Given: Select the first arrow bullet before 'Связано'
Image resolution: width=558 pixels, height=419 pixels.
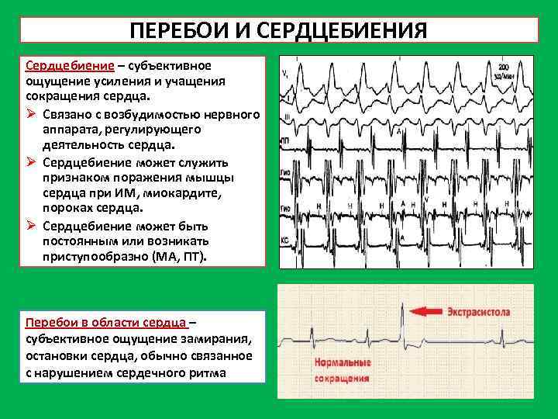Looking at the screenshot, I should click(x=31, y=115).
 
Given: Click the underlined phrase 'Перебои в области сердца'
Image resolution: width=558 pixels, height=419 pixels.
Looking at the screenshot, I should click(x=106, y=321).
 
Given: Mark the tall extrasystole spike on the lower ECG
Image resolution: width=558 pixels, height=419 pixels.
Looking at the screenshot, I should click(x=401, y=320).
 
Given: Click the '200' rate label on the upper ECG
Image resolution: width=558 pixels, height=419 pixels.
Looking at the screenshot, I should click(x=504, y=68).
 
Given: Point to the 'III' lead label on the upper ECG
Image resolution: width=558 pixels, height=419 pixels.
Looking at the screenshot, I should click(x=288, y=118).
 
